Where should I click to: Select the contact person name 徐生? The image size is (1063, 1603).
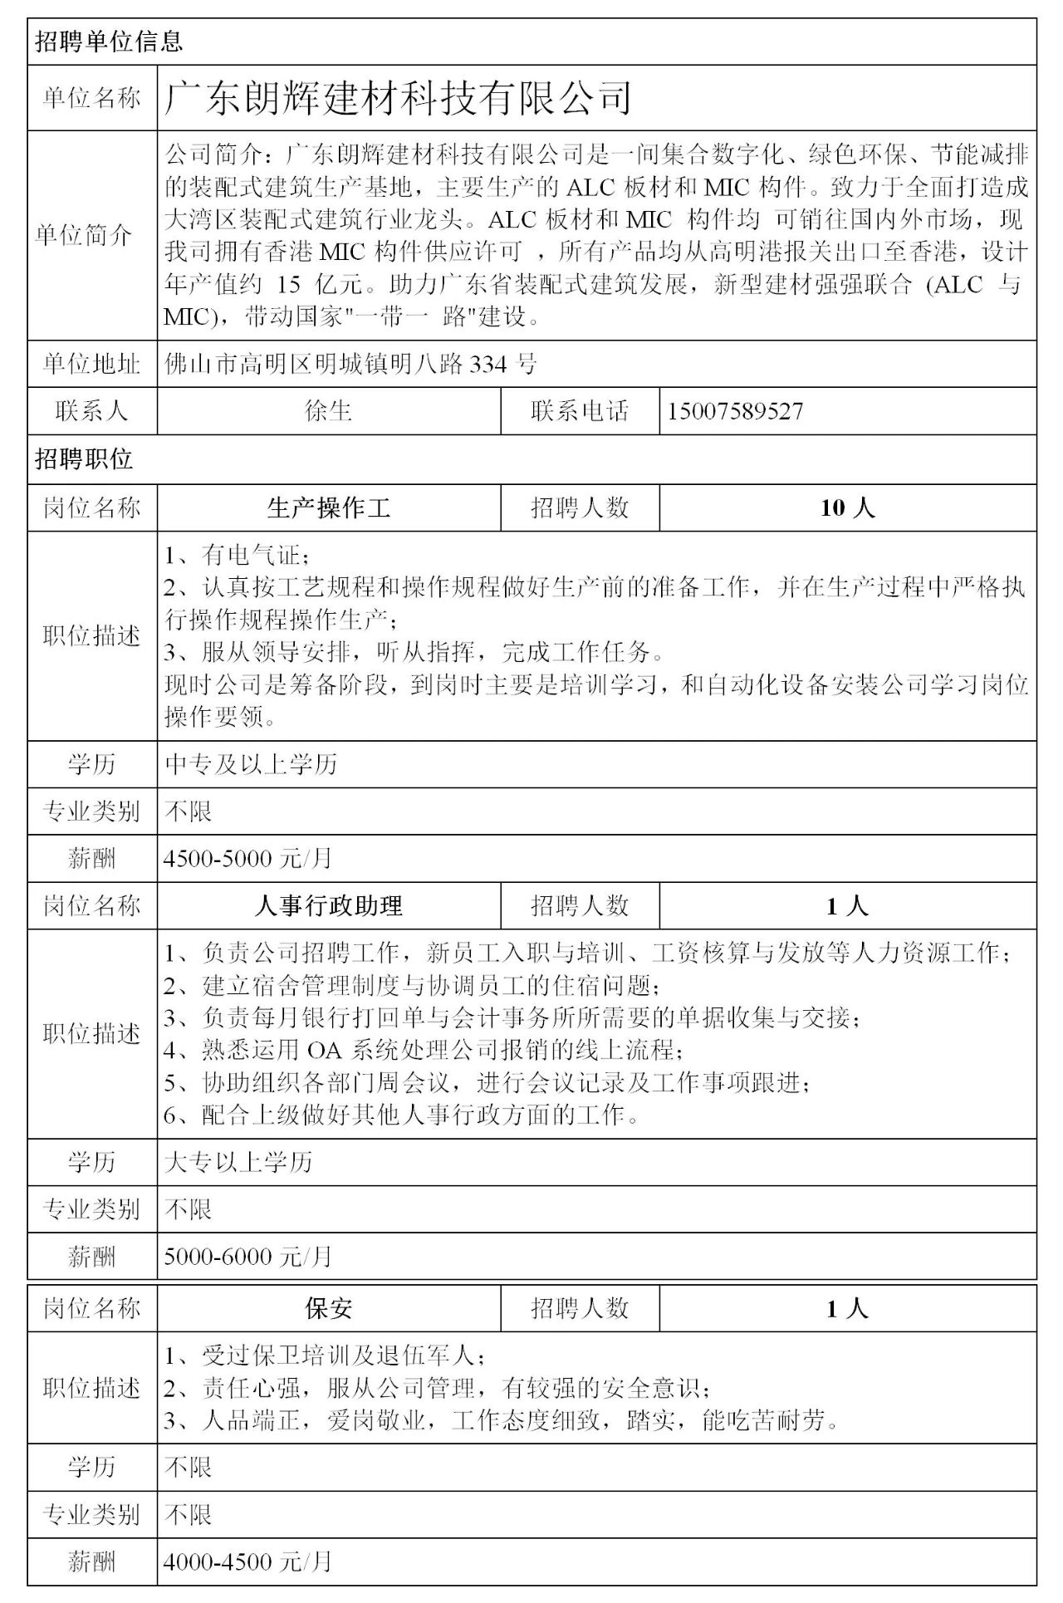[x=329, y=411]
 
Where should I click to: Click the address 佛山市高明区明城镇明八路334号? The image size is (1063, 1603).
[x=351, y=364]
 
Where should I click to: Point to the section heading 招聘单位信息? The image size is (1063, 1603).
[x=109, y=42]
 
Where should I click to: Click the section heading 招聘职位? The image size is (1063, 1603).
[x=84, y=459]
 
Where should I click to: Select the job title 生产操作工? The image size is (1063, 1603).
[x=329, y=507]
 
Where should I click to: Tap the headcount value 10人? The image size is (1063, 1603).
[x=847, y=507]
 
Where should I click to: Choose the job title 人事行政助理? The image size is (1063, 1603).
[x=329, y=905]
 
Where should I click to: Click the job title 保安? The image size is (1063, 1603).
[x=329, y=1309]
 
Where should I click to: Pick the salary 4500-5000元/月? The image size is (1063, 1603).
[x=247, y=858]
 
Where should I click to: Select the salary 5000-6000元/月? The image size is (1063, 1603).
[x=247, y=1256]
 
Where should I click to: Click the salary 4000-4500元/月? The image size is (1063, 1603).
[x=247, y=1562]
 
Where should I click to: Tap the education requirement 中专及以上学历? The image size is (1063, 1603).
[x=251, y=764]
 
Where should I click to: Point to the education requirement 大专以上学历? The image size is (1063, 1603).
[x=238, y=1162]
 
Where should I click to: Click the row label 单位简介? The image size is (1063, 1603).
[x=84, y=235]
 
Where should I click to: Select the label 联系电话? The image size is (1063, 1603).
[x=580, y=411]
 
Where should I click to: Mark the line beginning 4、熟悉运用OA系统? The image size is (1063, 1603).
[x=424, y=1050]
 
